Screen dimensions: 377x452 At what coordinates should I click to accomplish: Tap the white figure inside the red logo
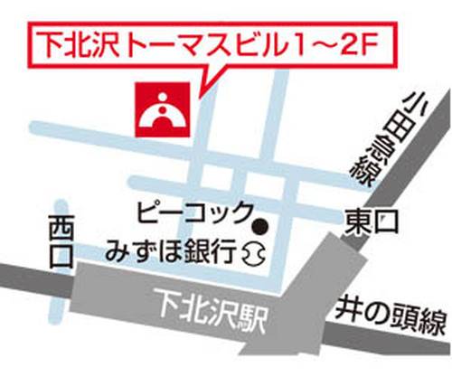tap(162, 111)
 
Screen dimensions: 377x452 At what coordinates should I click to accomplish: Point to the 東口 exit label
tap(372, 220)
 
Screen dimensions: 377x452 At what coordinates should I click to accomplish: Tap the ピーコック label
tap(193, 213)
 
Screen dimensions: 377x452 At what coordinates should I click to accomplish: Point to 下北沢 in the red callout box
tap(78, 42)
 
